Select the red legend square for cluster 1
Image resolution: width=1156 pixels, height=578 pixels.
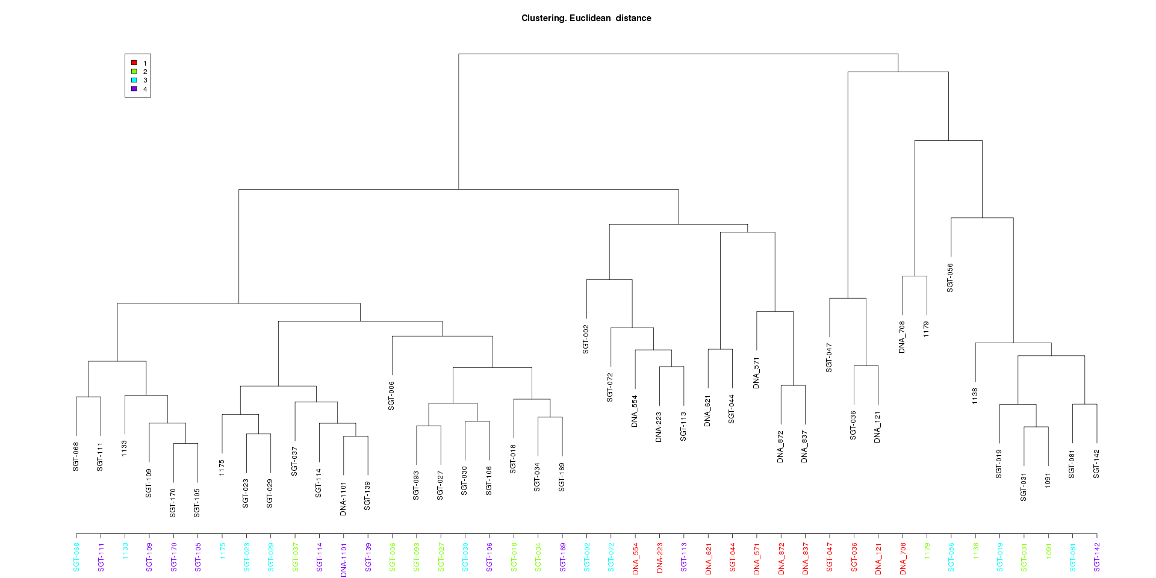click(x=134, y=63)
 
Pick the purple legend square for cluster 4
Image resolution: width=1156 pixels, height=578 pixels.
click(x=134, y=89)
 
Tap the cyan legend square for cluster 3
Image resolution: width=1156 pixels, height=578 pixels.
click(x=134, y=80)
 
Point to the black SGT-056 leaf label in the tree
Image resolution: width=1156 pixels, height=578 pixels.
click(x=950, y=278)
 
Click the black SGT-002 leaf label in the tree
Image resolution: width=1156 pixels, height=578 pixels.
click(x=586, y=339)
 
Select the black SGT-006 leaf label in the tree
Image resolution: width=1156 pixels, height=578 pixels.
click(x=391, y=396)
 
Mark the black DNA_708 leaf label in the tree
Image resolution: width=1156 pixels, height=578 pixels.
click(x=902, y=337)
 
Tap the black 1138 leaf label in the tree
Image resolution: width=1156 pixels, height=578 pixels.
click(x=975, y=396)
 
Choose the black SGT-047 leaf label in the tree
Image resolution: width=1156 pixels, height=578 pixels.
click(x=829, y=358)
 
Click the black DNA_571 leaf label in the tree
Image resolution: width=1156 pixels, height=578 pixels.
click(x=756, y=373)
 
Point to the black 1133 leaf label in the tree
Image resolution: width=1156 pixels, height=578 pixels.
click(x=124, y=448)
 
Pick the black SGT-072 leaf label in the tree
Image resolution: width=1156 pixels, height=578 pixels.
click(x=610, y=388)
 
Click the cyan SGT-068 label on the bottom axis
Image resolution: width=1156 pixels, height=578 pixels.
click(x=76, y=557)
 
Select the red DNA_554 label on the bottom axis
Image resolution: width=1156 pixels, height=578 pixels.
click(x=635, y=559)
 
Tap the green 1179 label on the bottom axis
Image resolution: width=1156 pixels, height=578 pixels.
click(x=927, y=551)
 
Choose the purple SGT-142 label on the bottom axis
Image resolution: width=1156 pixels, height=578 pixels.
click(x=1096, y=557)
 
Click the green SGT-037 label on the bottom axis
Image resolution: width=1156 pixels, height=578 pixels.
click(x=295, y=557)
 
